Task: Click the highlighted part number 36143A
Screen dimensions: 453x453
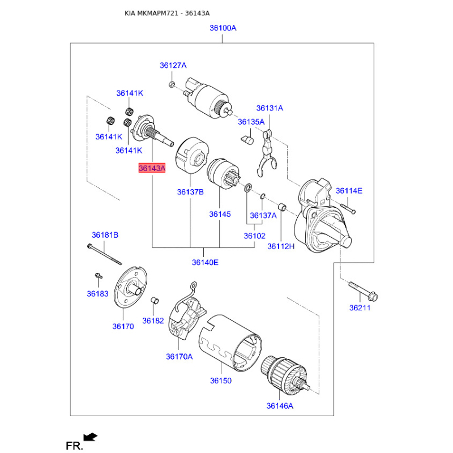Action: pyautogui.click(x=152, y=168)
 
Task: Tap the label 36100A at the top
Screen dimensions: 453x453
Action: pyautogui.click(x=223, y=28)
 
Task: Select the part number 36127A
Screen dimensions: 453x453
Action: pyautogui.click(x=173, y=65)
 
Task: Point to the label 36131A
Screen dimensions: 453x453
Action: pyautogui.click(x=270, y=108)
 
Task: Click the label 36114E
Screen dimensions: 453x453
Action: pyautogui.click(x=349, y=191)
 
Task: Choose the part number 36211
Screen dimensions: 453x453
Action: pyautogui.click(x=360, y=307)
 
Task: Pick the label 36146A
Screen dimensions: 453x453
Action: pyautogui.click(x=280, y=406)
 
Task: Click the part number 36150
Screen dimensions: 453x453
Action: pyautogui.click(x=221, y=381)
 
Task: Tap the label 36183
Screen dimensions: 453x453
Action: pyautogui.click(x=97, y=293)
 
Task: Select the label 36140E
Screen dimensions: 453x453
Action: pyautogui.click(x=205, y=262)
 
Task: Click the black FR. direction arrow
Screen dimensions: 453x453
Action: pyautogui.click(x=91, y=437)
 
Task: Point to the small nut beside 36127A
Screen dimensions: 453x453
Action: pyautogui.click(x=172, y=84)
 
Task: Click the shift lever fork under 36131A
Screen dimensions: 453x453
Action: pyautogui.click(x=266, y=153)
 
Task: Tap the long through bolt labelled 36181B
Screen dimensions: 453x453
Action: pyautogui.click(x=104, y=254)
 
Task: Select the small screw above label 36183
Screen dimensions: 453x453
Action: pyautogui.click(x=99, y=276)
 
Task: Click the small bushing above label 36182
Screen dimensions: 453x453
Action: pyautogui.click(x=155, y=301)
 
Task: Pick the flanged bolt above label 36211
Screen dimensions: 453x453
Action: pyautogui.click(x=364, y=291)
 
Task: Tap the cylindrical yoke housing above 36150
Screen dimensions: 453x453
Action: pyautogui.click(x=230, y=343)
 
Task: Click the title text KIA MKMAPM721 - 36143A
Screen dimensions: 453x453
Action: pyautogui.click(x=167, y=13)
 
